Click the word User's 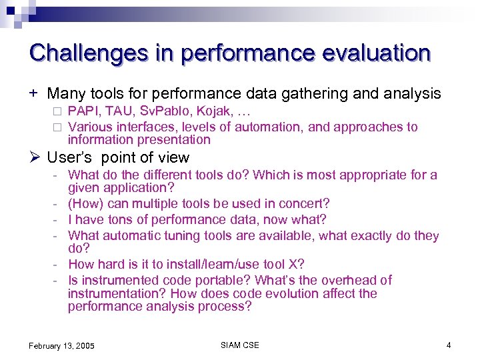coord(71,158)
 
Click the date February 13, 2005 coord(61,345)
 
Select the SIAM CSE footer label coord(239,345)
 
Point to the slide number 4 coord(449,345)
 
